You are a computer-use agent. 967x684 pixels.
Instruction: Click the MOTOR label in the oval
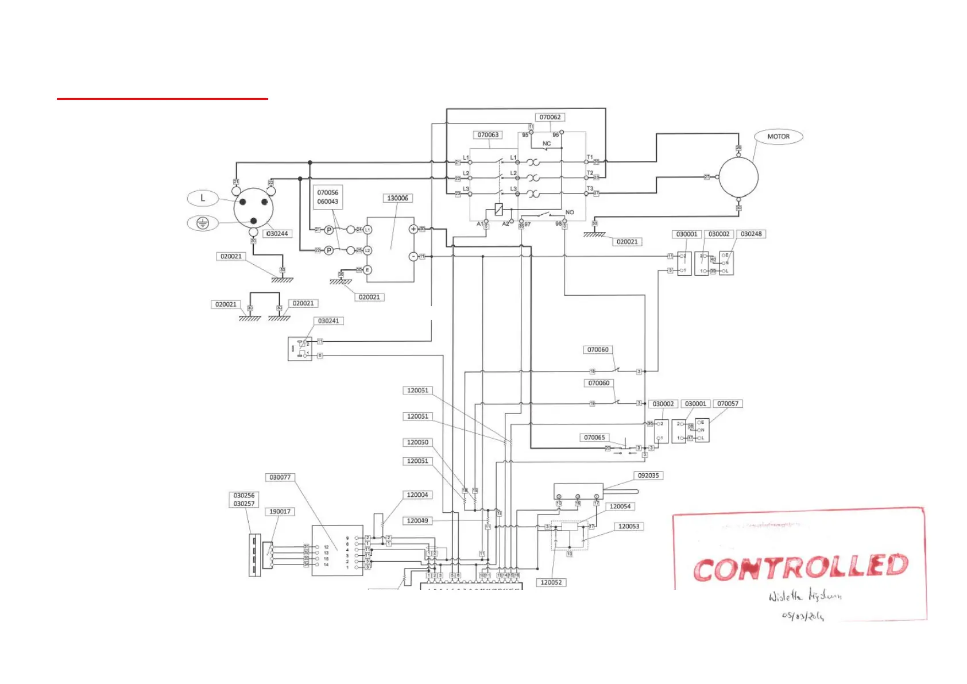coord(778,137)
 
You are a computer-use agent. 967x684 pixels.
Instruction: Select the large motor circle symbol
coord(738,177)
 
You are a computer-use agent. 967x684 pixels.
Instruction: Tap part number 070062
coord(550,117)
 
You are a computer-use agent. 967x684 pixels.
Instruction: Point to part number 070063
coord(488,135)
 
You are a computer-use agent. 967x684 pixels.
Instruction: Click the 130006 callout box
coord(397,198)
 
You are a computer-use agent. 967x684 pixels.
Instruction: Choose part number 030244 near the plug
coord(277,234)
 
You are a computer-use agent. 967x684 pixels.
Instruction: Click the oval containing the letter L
coord(202,198)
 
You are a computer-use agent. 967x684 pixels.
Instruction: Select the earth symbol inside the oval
coord(202,223)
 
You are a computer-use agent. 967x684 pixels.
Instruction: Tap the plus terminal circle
coord(413,229)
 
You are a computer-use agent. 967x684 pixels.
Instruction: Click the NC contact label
coord(547,144)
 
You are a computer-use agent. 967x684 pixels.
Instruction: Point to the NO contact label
coord(570,212)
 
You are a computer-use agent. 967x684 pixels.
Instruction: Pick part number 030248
coord(751,234)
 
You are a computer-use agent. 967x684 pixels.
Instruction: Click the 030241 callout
coord(328,321)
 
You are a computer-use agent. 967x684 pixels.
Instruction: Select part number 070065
coord(594,438)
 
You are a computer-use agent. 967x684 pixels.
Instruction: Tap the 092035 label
coord(648,476)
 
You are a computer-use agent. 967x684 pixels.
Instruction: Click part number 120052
coord(551,582)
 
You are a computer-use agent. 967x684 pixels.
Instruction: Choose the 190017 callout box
coord(280,512)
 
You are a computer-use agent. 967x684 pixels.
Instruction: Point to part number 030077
coord(280,477)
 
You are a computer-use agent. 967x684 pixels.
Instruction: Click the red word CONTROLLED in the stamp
coord(800,567)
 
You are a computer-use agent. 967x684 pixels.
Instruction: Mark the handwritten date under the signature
coord(802,616)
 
